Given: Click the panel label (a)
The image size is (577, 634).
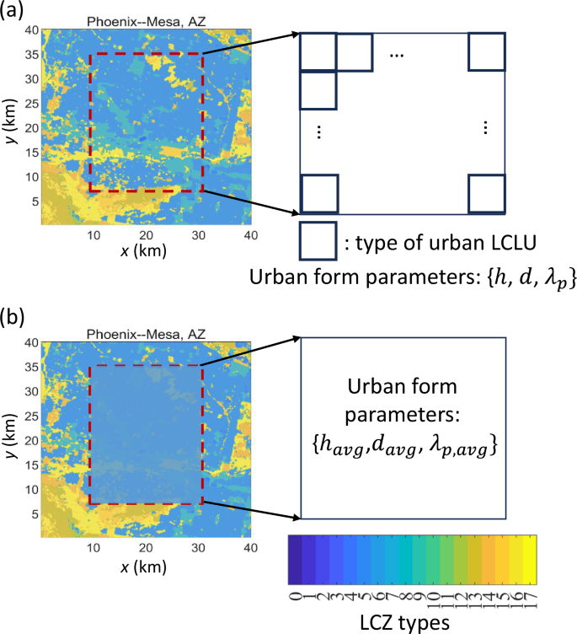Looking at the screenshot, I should tap(14, 11).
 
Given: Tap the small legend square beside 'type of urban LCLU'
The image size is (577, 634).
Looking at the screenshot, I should tap(318, 240).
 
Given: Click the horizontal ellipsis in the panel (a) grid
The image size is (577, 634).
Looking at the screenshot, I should tap(397, 55).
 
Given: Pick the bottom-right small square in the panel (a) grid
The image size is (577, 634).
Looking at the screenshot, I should tap(486, 193).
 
